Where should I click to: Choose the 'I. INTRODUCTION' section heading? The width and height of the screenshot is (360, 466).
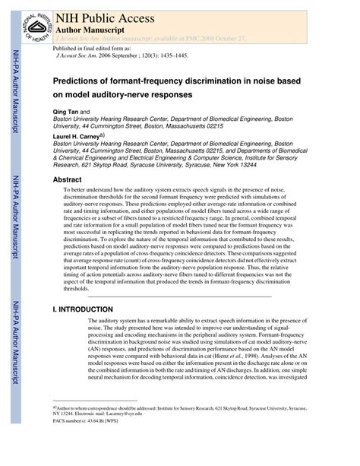pos(84,310)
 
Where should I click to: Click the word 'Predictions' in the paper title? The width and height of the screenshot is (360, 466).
pos(81,80)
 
